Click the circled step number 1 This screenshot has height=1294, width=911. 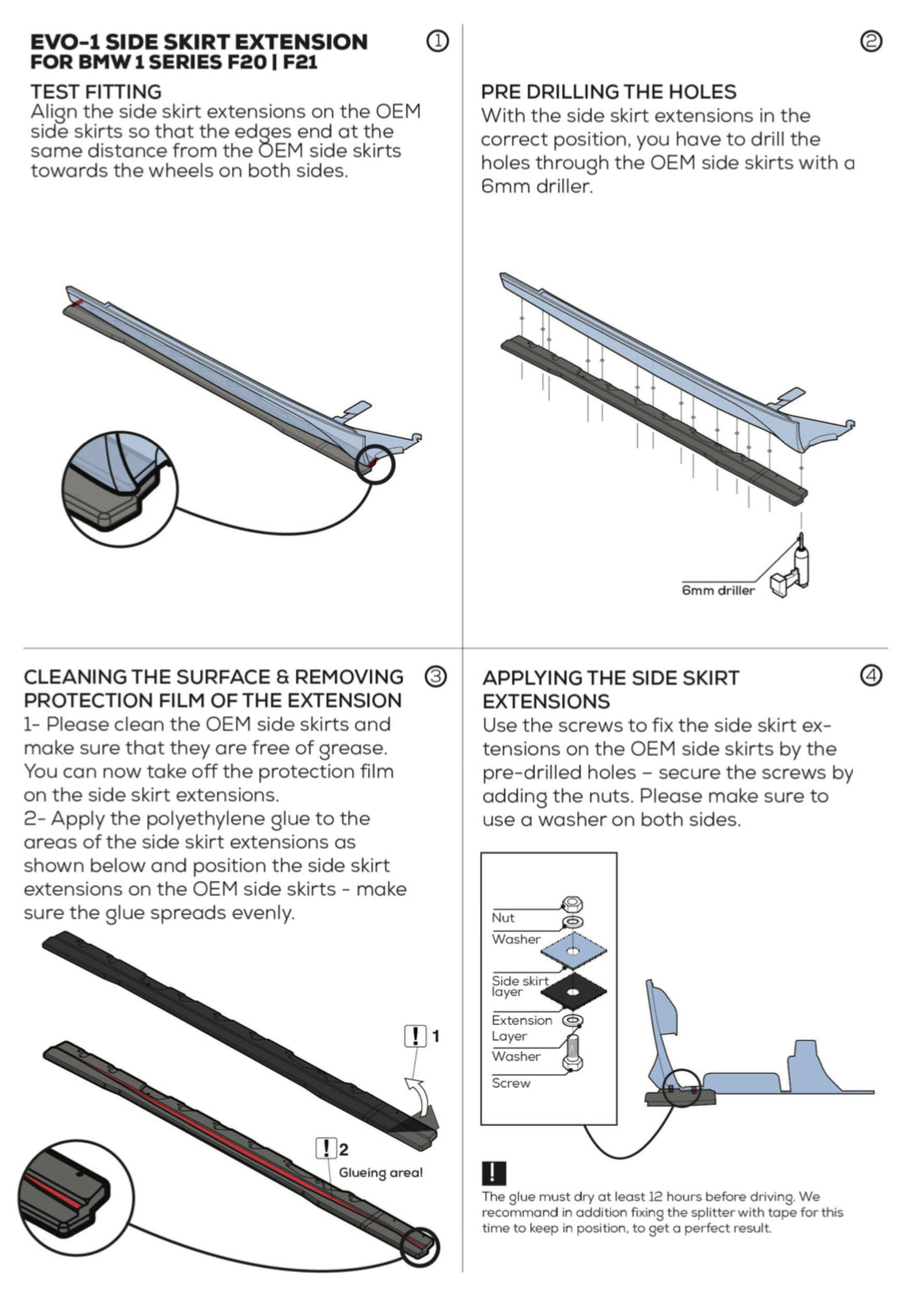pyautogui.click(x=438, y=40)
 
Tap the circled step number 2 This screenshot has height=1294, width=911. pyautogui.click(x=872, y=40)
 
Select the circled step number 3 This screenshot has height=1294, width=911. pyautogui.click(x=435, y=676)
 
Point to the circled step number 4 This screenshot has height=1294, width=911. pyautogui.click(x=872, y=675)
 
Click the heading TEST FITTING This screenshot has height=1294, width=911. pyautogui.click(x=96, y=92)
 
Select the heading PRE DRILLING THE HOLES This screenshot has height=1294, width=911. pyautogui.click(x=608, y=92)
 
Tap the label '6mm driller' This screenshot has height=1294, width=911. pyautogui.click(x=718, y=590)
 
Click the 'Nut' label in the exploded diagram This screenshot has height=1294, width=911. pyautogui.click(x=503, y=917)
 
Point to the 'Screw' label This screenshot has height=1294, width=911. pyautogui.click(x=511, y=1083)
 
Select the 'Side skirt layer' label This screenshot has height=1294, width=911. pyautogui.click(x=519, y=985)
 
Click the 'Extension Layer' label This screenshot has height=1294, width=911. pyautogui.click(x=522, y=1027)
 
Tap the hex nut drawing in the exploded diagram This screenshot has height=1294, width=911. pyautogui.click(x=573, y=905)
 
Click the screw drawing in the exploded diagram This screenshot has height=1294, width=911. pyautogui.click(x=573, y=1052)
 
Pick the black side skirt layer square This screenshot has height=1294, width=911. pyautogui.click(x=573, y=992)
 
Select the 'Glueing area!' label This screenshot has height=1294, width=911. pyautogui.click(x=381, y=1172)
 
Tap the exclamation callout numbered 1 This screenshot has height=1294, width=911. pyautogui.click(x=415, y=1036)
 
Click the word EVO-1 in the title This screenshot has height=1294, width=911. pyautogui.click(x=65, y=42)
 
